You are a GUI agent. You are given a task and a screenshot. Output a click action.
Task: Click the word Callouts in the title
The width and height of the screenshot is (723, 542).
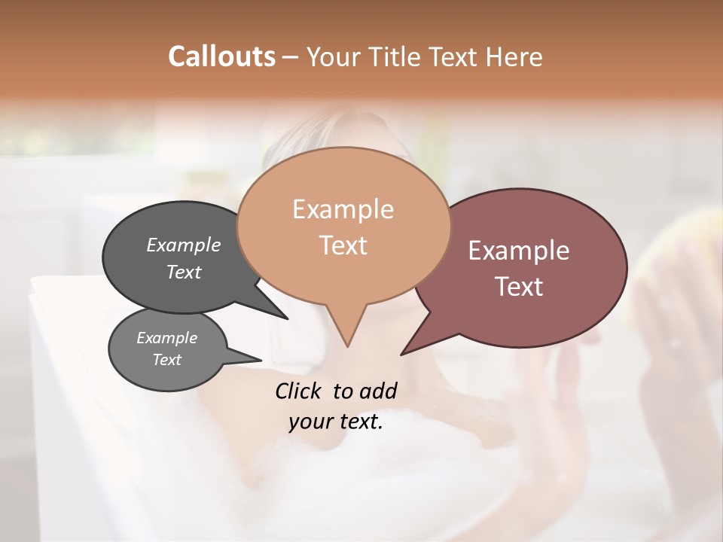[221, 56]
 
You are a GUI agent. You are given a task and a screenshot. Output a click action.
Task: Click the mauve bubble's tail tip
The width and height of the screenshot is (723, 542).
[402, 353]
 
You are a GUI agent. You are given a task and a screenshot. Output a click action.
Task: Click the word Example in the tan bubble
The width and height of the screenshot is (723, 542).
[343, 209]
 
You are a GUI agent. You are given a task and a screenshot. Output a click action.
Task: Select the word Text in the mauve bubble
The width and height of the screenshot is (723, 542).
[520, 287]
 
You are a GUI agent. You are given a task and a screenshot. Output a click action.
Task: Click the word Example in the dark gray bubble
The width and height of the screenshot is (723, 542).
[183, 245]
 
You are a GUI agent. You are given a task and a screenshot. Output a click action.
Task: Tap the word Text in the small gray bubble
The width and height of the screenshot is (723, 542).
[166, 360]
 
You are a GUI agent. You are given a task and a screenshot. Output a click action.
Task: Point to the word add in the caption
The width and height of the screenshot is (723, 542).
[377, 391]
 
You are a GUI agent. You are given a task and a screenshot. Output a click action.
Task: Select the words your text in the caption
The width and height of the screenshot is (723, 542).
[335, 422]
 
